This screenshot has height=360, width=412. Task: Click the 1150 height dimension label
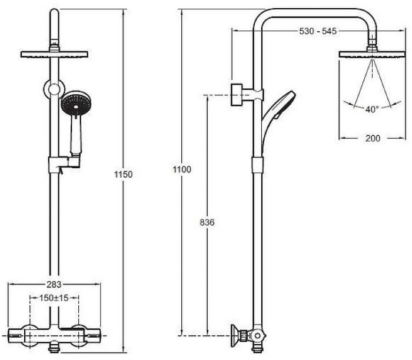click(x=123, y=174)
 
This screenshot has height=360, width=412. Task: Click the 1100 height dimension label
click(x=182, y=169)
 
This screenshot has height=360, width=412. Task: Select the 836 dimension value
click(x=207, y=222)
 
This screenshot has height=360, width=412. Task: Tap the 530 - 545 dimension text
click(x=318, y=31)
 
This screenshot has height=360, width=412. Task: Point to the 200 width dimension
click(x=373, y=138)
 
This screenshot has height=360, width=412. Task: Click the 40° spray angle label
click(x=372, y=109)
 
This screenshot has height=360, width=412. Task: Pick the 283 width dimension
click(x=54, y=284)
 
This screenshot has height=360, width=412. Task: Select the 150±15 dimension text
click(x=54, y=298)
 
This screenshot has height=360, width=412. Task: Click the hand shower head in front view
click(x=76, y=103)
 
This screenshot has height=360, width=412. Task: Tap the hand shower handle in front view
click(x=76, y=135)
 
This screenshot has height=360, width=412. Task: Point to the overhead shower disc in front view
click(x=54, y=54)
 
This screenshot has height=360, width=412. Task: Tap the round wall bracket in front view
click(x=54, y=89)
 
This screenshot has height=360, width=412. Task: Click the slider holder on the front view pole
click(x=64, y=164)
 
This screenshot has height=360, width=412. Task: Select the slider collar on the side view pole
click(x=258, y=165)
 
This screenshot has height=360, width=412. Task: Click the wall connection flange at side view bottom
click(x=235, y=336)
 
